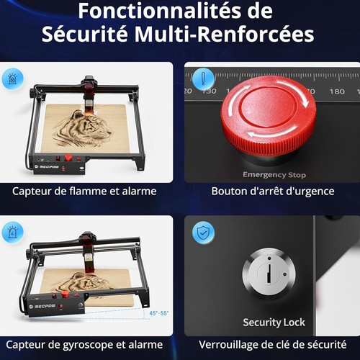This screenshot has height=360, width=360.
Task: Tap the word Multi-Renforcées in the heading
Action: tap(224, 34)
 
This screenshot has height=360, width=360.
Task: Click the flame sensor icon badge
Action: tap(13, 78)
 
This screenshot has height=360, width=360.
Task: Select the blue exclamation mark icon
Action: tap(204, 79)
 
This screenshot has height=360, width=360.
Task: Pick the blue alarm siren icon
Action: tap(13, 233)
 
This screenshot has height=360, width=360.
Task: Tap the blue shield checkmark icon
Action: tap(203, 233)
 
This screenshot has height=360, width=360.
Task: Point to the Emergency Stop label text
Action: tap(274, 174)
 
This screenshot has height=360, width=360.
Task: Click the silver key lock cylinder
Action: tap(269, 274)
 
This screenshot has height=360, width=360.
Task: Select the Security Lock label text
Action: tap(274, 323)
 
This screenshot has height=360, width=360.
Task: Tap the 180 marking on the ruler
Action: tap(337, 91)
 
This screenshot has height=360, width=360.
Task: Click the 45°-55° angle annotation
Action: tap(159, 313)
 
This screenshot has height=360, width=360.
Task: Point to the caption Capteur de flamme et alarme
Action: tap(84, 192)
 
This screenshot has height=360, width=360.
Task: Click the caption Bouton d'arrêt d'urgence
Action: tap(273, 192)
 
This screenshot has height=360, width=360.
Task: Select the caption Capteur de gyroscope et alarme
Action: tap(84, 345)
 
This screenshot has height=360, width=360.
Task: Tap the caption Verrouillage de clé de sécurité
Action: tap(273, 345)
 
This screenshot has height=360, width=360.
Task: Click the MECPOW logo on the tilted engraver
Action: tap(42, 306)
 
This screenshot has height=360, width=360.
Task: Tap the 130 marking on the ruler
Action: tap(209, 91)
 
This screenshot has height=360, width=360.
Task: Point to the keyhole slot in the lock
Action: tap(269, 274)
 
